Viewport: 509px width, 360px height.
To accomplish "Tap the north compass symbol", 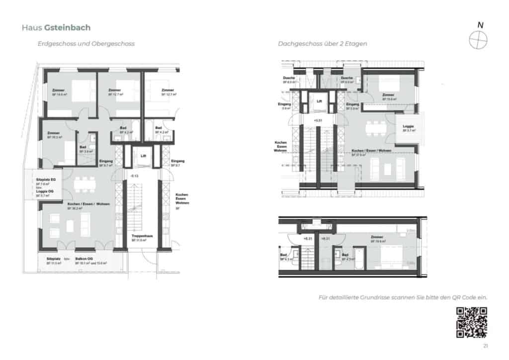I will point(478,39).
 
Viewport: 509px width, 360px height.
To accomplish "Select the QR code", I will point(471,323).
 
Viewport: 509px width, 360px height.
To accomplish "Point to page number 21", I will point(485,346).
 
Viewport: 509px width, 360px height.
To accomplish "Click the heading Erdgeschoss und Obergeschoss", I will point(86,44).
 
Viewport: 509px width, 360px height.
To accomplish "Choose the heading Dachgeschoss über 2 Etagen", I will point(323,44).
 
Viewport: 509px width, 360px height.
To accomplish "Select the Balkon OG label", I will point(84,259).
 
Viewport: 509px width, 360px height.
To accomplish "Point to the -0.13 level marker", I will point(134,176).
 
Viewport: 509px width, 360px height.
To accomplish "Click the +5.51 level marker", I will point(318,121).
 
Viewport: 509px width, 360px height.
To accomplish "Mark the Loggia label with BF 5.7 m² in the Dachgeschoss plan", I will point(409,126).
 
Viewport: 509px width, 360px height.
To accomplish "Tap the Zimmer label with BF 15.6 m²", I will point(389,95).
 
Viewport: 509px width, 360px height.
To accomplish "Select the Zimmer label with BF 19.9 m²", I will point(377,237).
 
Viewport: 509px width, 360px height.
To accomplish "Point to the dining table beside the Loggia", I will point(376,128).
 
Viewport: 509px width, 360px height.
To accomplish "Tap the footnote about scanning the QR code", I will point(403,297).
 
